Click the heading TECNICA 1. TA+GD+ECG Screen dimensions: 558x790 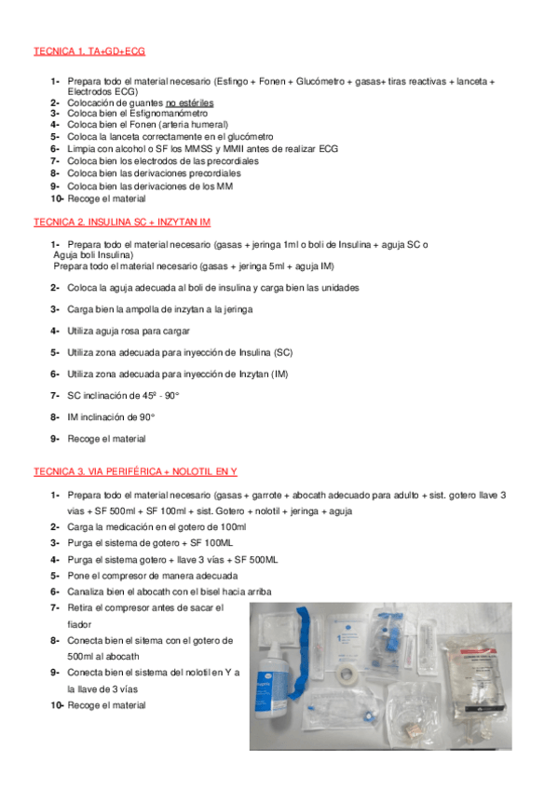88,51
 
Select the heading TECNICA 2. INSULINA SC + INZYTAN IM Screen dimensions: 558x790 122,222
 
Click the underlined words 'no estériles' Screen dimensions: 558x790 190,102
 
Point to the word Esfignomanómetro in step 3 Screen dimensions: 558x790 167,113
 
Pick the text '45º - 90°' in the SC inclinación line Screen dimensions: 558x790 158,396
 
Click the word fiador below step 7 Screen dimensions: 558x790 80,624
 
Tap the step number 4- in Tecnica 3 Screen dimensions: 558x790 55,559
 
